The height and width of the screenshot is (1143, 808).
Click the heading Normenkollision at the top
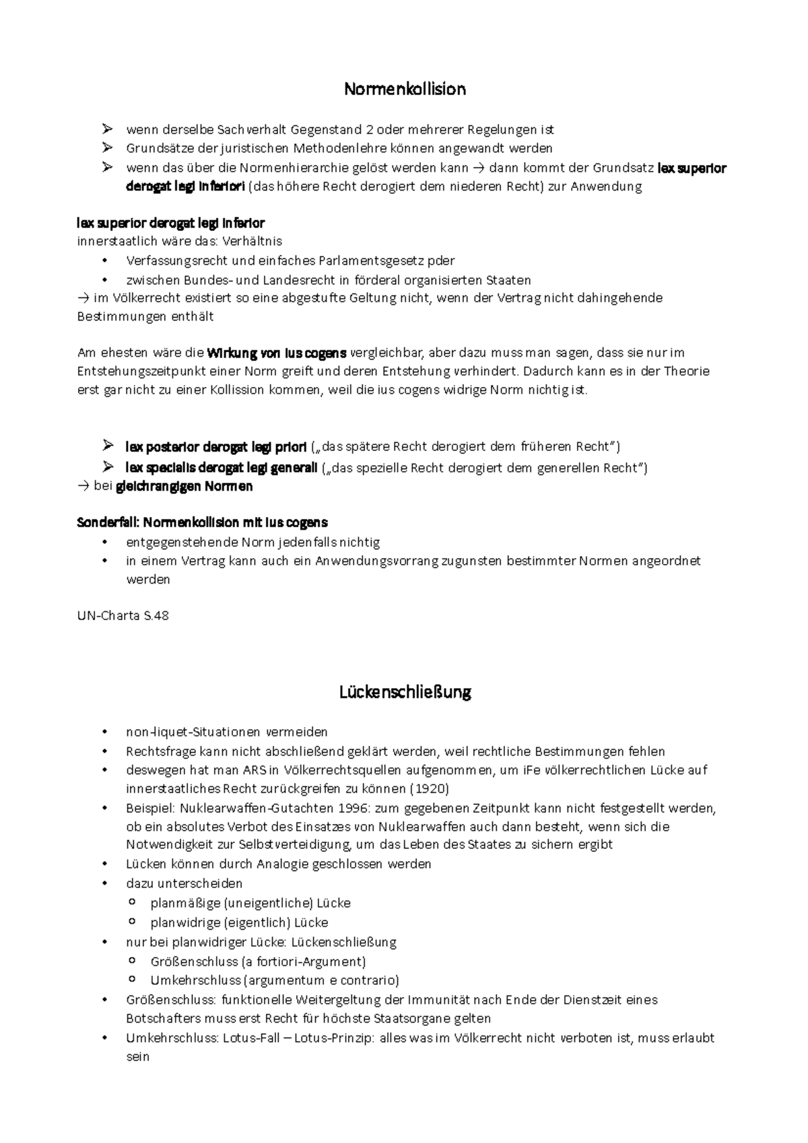coord(405,89)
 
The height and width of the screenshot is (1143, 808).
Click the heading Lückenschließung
coord(405,692)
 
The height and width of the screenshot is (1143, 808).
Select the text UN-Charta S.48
coord(123,615)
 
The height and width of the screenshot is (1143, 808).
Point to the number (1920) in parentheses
coord(429,788)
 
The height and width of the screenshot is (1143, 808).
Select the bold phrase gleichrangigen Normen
coord(184,486)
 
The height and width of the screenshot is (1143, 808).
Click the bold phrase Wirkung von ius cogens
coord(277,353)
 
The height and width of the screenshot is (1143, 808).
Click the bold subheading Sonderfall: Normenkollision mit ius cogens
coord(203,522)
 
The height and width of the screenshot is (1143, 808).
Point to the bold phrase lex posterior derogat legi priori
coord(215,447)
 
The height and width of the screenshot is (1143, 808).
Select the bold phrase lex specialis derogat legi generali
coord(221,468)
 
